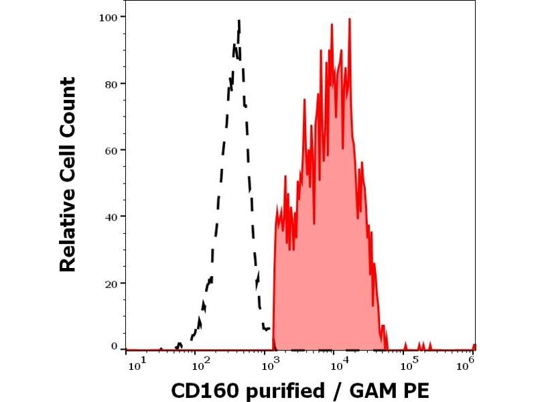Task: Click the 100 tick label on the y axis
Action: click(x=111, y=17)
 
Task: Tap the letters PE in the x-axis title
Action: click(x=417, y=389)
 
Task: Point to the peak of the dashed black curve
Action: click(x=239, y=21)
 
